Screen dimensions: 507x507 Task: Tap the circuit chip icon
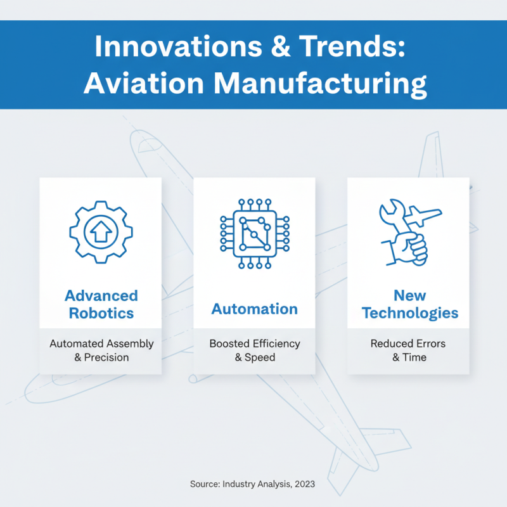pyautogui.click(x=254, y=233)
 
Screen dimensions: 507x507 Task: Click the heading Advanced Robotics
pyautogui.click(x=101, y=304)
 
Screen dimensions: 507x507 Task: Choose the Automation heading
pyautogui.click(x=254, y=309)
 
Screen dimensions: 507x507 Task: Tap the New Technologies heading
pyautogui.click(x=409, y=304)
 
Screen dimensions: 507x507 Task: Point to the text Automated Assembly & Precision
pyautogui.click(x=101, y=350)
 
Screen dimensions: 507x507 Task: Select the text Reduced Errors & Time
pyautogui.click(x=408, y=350)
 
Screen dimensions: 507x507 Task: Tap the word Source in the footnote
pyautogui.click(x=204, y=484)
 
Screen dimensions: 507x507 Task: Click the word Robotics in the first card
pyautogui.click(x=101, y=313)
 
